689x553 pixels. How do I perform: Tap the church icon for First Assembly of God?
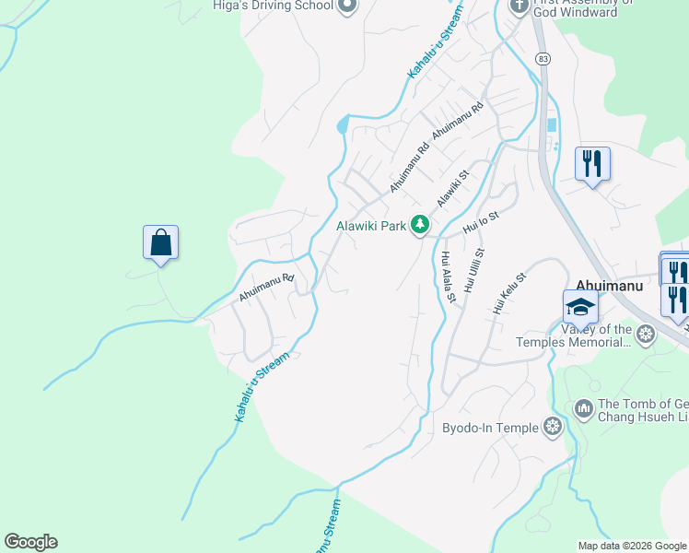pyautogui.click(x=519, y=6)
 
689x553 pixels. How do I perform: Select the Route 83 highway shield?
pyautogui.click(x=543, y=58)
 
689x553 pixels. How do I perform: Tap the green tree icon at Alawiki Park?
pyautogui.click(x=420, y=224)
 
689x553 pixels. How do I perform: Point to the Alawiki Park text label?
pyautogui.click(x=371, y=225)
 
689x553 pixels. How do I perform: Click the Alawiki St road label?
pyautogui.click(x=452, y=185)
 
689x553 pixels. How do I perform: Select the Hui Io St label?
pyautogui.click(x=481, y=222)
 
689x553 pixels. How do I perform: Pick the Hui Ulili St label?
pyautogui.click(x=475, y=269)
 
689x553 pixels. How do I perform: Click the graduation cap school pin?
pyautogui.click(x=580, y=306)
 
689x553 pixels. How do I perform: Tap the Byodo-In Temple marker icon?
pyautogui.click(x=553, y=426)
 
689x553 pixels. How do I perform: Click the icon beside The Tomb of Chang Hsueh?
pyautogui.click(x=583, y=407)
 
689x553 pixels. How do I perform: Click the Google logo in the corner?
pyautogui.click(x=30, y=542)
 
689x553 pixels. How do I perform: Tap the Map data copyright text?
pyautogui.click(x=632, y=546)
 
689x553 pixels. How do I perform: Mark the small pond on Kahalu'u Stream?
pyautogui.click(x=344, y=124)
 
